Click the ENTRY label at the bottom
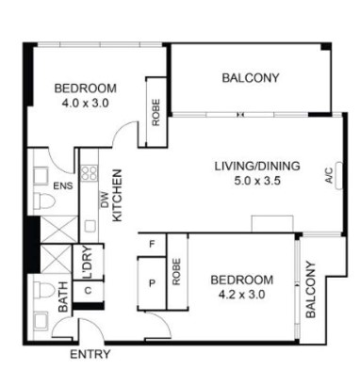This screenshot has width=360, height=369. [x=90, y=354]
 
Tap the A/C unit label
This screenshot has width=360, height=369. [x=329, y=175]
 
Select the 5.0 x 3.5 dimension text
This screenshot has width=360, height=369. [x=257, y=181]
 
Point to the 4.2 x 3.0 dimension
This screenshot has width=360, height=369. [x=242, y=295]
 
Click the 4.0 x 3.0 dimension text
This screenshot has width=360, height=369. [x=85, y=103]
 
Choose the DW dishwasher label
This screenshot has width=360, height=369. [x=105, y=200]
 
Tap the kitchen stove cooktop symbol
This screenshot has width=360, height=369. [x=90, y=173]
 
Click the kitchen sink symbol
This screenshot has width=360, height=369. [x=90, y=226]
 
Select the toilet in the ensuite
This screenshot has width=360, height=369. [x=43, y=201]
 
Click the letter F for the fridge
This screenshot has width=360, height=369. [x=152, y=244]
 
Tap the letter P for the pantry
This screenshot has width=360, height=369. [x=152, y=283]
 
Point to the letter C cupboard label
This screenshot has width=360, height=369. [x=88, y=290]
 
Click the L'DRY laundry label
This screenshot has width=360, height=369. [x=88, y=263]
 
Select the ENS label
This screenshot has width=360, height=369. [x=63, y=185]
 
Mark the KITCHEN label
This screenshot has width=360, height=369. [x=117, y=196]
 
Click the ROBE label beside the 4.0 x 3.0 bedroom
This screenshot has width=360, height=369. [x=155, y=113]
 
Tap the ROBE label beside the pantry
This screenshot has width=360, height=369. [x=176, y=272]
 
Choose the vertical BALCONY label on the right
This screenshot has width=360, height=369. [x=310, y=289]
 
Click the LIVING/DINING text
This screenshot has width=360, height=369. [x=257, y=166]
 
